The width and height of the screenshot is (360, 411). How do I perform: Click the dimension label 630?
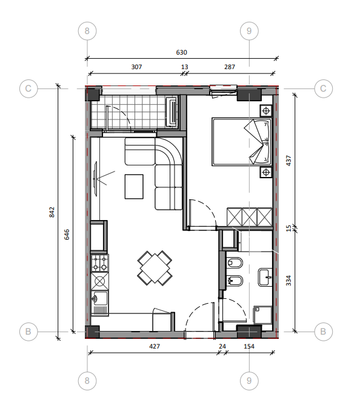coord(181,52)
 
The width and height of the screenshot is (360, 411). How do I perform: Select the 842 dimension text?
coord(52,212)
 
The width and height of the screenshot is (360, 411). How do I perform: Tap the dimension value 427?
coord(155,346)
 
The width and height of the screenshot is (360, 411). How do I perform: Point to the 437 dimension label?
coord(288,161)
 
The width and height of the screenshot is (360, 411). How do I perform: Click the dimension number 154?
coord(249,346)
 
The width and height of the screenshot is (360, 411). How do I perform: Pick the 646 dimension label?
coord(67,235)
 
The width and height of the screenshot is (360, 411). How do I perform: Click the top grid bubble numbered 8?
coord(87,31)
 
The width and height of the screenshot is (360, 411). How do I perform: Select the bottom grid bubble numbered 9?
coord(249,381)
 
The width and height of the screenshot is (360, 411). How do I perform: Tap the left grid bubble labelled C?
coord(28,89)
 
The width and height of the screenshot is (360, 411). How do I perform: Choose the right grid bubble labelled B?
coord(323,332)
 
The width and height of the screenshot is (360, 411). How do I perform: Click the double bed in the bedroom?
coord(242,142)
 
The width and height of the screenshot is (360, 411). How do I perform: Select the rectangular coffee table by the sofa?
coord(134,187)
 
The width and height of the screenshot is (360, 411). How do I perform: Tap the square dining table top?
coord(155,268)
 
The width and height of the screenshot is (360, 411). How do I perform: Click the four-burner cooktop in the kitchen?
coord(100,263)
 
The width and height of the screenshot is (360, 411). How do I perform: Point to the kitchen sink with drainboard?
coord(100,302)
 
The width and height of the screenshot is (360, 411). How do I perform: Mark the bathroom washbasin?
coord(265,277)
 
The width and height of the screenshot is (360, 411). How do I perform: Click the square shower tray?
coord(263,315)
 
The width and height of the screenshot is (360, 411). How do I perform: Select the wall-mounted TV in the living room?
coord(95,178)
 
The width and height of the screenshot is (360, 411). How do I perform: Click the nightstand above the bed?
coord(266,110)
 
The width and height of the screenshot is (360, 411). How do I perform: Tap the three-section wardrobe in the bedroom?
coord(250,217)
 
